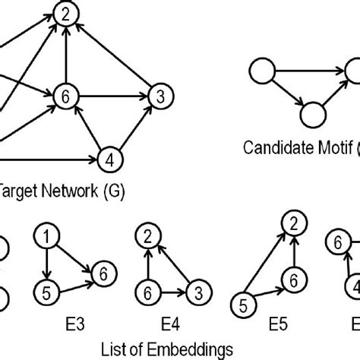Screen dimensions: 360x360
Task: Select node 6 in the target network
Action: point(67,96)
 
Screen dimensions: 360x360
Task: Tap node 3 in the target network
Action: point(158,96)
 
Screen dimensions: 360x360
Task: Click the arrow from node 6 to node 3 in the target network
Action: point(112,96)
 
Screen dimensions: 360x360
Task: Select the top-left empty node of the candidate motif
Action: point(261,72)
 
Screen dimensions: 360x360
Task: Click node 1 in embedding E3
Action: point(46,238)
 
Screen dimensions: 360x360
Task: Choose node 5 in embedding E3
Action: point(46,290)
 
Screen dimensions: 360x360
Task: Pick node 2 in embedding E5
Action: point(289,223)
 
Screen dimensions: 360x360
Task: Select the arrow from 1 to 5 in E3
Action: point(46,264)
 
